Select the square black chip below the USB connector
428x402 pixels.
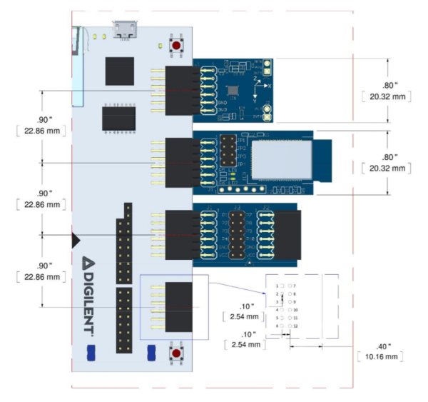pyautogui.click(x=119, y=71)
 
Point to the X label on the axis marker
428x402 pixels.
pyautogui.click(x=270, y=85)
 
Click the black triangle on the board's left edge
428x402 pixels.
pyautogui.click(x=76, y=241)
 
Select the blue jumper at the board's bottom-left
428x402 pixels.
pyautogui.click(x=91, y=352)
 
